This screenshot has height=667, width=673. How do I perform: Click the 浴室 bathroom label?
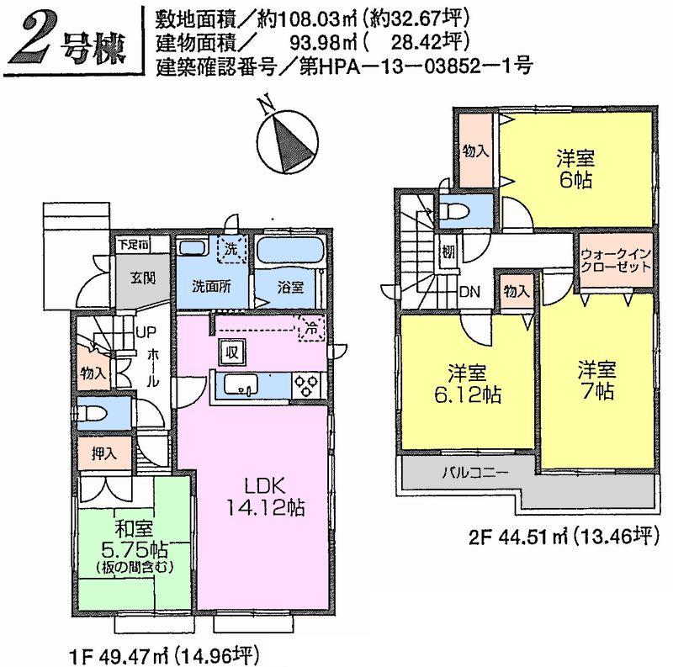point(291,285)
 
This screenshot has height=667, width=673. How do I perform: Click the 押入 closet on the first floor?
point(103,453)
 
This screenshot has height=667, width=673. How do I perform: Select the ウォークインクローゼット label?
point(615,259)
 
